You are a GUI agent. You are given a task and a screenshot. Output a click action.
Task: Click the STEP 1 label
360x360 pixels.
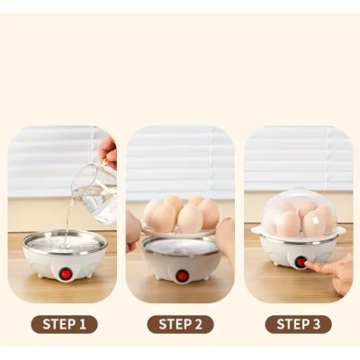pos(63,324)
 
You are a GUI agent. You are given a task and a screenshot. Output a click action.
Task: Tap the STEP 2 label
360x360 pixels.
pos(181,324)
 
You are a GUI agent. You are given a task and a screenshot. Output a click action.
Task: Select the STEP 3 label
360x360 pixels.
pos(298,324)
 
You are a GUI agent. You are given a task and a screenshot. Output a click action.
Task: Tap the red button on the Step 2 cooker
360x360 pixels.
pos(182,275)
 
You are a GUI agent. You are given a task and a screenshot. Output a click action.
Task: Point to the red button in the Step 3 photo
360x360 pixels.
pos(301,262)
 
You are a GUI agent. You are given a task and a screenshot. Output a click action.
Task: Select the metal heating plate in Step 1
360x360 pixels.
pos(65,240)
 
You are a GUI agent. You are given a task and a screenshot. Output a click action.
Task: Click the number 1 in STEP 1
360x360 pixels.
pos(82,324)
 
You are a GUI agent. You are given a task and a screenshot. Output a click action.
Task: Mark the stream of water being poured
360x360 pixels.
pos(69,216)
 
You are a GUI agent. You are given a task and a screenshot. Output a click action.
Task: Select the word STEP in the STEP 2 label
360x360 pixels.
pos(173,324)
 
